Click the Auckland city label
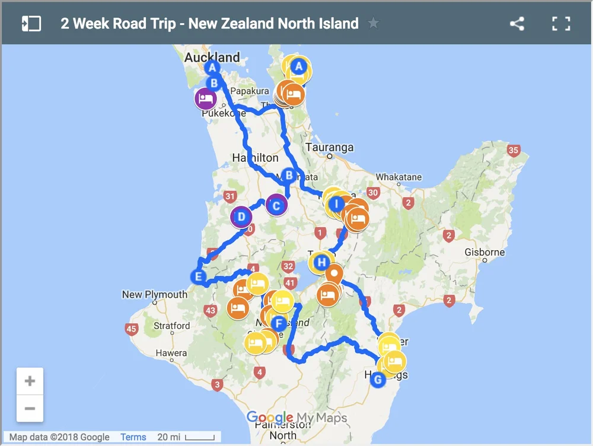point(212,58)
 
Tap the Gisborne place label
point(484,252)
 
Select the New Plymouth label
point(154,294)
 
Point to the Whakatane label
point(398,177)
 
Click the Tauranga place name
point(329,147)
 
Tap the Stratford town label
point(172,326)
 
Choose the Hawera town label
point(171,353)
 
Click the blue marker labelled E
point(199,276)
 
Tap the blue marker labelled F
point(279,324)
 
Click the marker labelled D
point(241,217)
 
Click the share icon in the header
point(517,24)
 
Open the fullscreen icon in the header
point(560,24)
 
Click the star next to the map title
point(373,24)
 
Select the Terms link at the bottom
point(133,437)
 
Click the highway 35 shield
point(514,151)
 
